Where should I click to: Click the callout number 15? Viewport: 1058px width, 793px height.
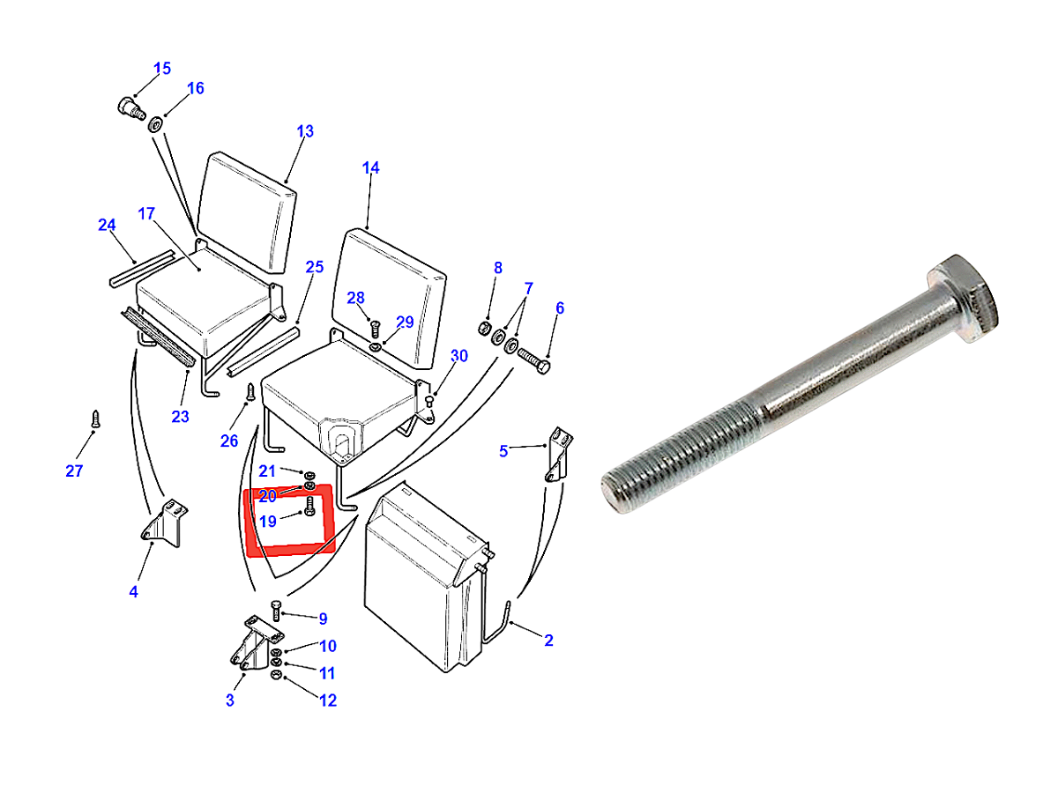click(x=162, y=69)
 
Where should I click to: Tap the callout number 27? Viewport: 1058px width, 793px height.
click(x=74, y=471)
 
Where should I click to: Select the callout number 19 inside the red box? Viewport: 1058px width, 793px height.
click(x=268, y=521)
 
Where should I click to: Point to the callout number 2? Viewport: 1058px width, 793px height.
click(x=548, y=641)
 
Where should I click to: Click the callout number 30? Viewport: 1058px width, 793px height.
click(x=458, y=356)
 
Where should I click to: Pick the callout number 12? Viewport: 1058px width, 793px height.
click(x=328, y=700)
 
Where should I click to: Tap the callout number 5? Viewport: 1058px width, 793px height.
click(x=503, y=451)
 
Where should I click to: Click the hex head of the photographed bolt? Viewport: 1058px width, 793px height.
click(x=962, y=299)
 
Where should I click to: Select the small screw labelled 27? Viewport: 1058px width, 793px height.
click(x=96, y=419)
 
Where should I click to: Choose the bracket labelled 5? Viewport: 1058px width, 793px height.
click(x=559, y=454)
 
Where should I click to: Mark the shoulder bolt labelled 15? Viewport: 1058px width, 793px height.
click(x=131, y=108)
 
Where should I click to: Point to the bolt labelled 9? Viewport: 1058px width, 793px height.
click(x=276, y=611)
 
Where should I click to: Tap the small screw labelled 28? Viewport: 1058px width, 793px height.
click(x=375, y=330)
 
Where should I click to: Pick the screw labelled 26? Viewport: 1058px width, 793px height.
click(x=250, y=391)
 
